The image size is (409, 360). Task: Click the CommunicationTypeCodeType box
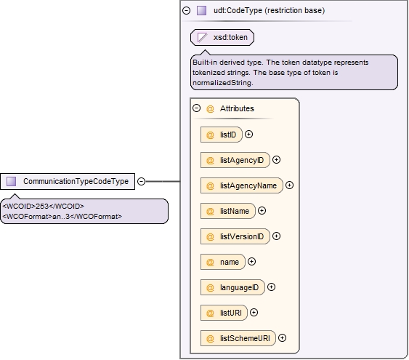[x=68, y=181]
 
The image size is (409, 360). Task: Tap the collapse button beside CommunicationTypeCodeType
[x=141, y=181]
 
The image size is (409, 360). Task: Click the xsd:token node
[x=222, y=37]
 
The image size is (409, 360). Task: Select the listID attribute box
[x=221, y=135]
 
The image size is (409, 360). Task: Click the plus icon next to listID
[x=249, y=135]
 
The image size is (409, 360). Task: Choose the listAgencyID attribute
[x=235, y=160]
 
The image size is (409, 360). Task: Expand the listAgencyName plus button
[x=290, y=185]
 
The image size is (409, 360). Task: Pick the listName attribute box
[x=227, y=211]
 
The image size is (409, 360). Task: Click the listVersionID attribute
[x=235, y=236]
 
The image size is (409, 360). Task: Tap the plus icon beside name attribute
[x=251, y=262]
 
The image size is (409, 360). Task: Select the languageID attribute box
[x=232, y=287]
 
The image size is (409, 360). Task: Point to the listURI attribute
[x=224, y=313]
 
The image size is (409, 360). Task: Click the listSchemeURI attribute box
[x=238, y=338]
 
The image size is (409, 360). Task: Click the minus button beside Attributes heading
[x=196, y=108]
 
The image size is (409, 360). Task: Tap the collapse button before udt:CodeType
[x=186, y=10]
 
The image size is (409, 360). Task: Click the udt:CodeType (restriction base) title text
[x=270, y=10]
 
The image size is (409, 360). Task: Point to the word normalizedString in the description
[x=222, y=83]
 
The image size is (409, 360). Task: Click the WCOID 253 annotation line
[x=44, y=207]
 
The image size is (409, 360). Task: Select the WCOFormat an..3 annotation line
[x=62, y=217]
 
